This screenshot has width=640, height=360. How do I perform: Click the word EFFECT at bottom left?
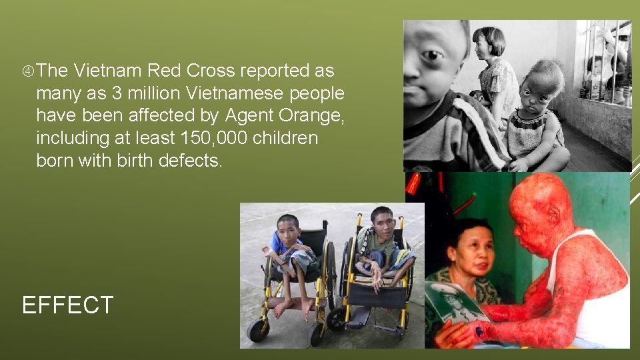click(67, 305)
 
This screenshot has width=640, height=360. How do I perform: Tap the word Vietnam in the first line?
click(108, 71)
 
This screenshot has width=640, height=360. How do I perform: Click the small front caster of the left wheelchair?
click(256, 329)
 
